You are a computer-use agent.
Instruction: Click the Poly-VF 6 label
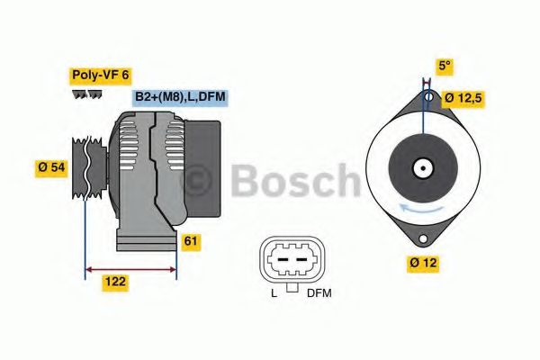pos(100,76)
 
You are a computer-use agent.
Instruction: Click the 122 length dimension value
pos(114,282)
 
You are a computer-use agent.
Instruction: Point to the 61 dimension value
pos(191,241)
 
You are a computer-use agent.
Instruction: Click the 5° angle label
pos(444,66)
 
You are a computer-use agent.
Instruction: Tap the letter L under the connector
pos(274,293)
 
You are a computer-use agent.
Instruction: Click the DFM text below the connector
pos(319,293)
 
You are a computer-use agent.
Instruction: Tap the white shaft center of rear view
pos(420,167)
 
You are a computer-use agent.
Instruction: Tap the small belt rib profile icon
pos(86,94)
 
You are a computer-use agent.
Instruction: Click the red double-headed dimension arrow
pos(130,267)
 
